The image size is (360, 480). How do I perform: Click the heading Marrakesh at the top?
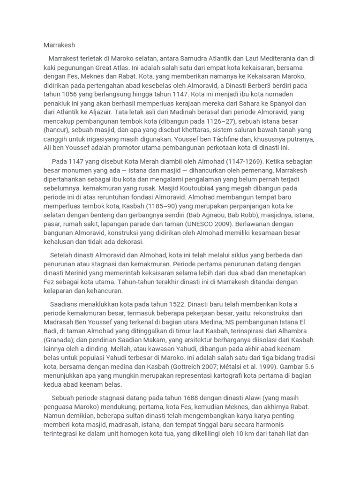[x=59, y=45]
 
